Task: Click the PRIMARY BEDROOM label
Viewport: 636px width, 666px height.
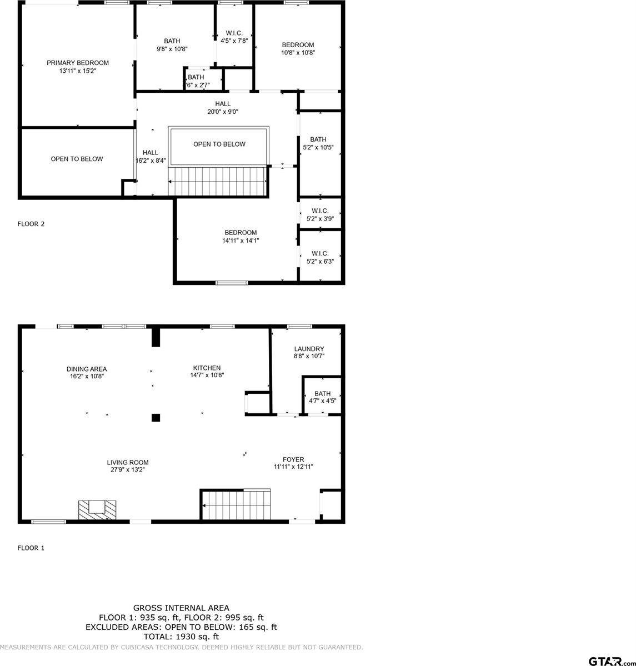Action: tap(77, 63)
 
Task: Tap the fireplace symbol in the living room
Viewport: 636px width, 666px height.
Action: tap(97, 509)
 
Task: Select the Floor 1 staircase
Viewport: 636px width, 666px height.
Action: tap(236, 505)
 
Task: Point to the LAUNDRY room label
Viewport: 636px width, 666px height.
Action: tap(309, 349)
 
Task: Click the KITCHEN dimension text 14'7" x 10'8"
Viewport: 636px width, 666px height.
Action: tap(207, 375)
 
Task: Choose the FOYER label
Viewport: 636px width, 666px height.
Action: tap(293, 459)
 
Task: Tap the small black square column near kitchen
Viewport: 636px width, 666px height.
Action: tap(156, 418)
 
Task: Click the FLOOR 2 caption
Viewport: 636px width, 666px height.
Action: tap(31, 224)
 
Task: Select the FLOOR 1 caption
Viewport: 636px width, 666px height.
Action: tap(31, 548)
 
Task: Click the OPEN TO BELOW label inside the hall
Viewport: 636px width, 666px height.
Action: tap(219, 144)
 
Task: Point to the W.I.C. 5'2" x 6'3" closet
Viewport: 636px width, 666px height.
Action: tap(320, 257)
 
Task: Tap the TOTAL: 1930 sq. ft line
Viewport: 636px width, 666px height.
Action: tap(181, 637)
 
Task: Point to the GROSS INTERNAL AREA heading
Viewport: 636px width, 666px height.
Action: tap(181, 608)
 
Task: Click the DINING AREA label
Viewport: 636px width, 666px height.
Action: tap(86, 369)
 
